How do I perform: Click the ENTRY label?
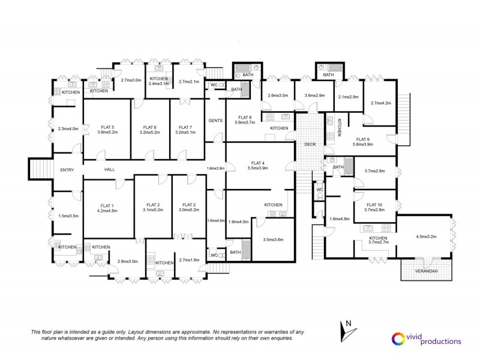pos(67,170)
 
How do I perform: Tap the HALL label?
pos(110,170)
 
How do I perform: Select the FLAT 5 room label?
pos(106,127)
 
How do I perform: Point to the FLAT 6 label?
pos(149,127)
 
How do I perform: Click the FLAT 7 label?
pos(186,127)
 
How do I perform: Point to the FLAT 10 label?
pos(375,204)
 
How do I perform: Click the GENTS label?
pos(215,121)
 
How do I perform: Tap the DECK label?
pos(310,144)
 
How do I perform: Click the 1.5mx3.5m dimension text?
pos(68,216)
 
